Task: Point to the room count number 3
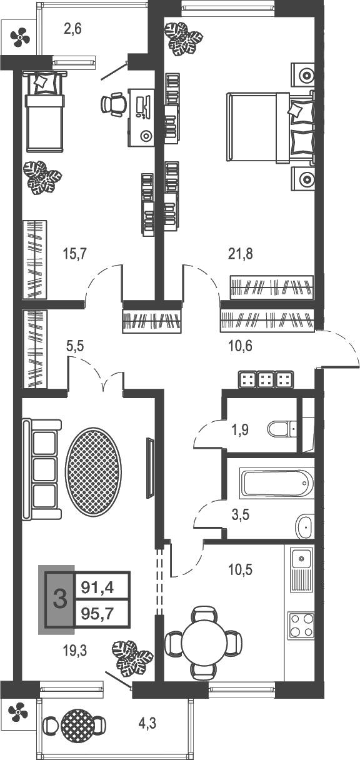(60, 600)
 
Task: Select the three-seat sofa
(42, 470)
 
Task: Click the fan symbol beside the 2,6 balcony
(19, 38)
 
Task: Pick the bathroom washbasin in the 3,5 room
(304, 526)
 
